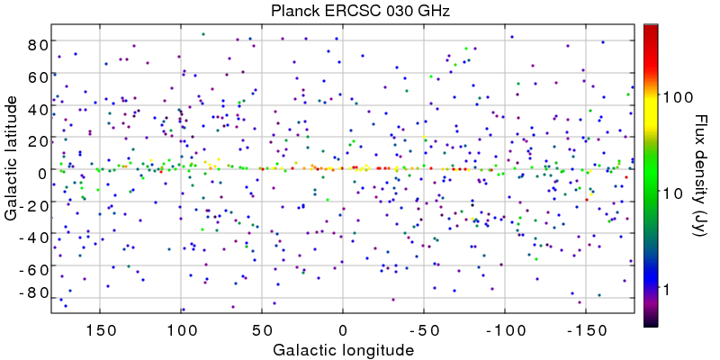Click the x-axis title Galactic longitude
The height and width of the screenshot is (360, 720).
pyautogui.click(x=342, y=349)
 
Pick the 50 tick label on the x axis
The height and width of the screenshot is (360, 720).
pyautogui.click(x=262, y=328)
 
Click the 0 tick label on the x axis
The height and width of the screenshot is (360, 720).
pyautogui.click(x=343, y=328)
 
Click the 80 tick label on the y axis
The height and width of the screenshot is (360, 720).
pyautogui.click(x=36, y=44)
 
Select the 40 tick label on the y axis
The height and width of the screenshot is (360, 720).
pyautogui.click(x=36, y=108)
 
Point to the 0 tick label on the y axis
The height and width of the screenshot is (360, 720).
pyautogui.click(x=40, y=172)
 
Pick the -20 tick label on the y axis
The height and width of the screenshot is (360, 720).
pyautogui.click(x=32, y=204)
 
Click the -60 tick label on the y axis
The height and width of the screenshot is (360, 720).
pyautogui.click(x=32, y=269)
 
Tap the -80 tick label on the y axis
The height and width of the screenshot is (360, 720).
pyautogui.click(x=32, y=293)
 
